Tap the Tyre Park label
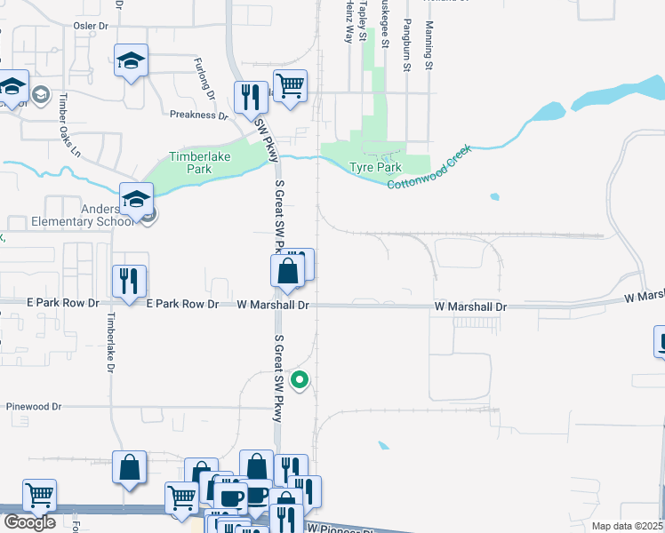pyautogui.click(x=375, y=167)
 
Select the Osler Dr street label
pyautogui.click(x=89, y=27)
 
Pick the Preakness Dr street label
pyautogui.click(x=198, y=115)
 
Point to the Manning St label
pyautogui.click(x=429, y=46)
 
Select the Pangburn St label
pyautogui.click(x=407, y=44)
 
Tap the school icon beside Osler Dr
pyautogui.click(x=131, y=62)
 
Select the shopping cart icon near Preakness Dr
pyautogui.click(x=290, y=86)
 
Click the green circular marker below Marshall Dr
pyautogui.click(x=300, y=380)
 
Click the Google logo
pyautogui.click(x=29, y=522)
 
